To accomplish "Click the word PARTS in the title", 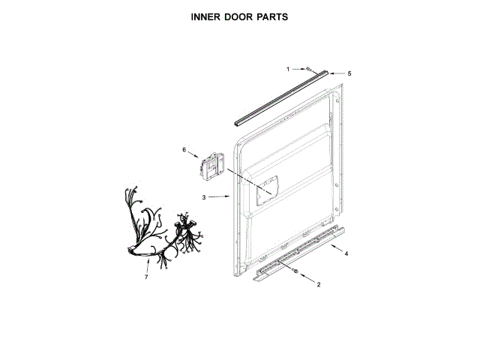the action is coord(273,15).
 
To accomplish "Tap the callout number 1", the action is coord(288,69).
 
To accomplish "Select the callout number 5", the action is coord(349,73).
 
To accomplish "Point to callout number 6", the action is coord(184,150).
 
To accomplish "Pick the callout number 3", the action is coord(203,197).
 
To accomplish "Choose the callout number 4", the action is coord(346,254).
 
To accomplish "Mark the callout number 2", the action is coord(319,284).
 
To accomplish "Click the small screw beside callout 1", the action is coord(310,69).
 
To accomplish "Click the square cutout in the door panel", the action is coord(267,188).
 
